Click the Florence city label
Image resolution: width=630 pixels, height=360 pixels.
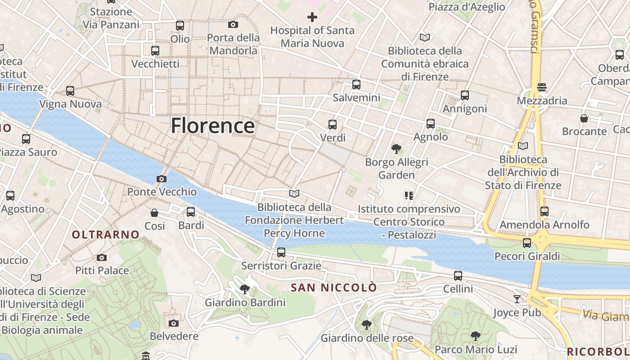tap(212, 126)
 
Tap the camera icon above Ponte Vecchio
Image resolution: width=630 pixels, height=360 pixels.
tap(162, 179)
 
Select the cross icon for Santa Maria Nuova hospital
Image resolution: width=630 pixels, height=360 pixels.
tap(312, 17)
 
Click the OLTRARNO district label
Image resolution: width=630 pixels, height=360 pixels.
tap(106, 234)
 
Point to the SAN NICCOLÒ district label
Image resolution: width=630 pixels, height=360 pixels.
tap(333, 287)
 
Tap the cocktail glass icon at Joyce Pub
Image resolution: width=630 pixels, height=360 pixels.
tap(517, 299)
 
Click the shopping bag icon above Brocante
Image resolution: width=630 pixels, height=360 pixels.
tap(584, 118)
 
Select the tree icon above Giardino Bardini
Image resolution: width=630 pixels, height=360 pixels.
tap(245, 289)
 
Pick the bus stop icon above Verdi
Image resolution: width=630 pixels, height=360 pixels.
tap(333, 125)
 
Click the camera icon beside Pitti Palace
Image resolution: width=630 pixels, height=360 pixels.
tap(102, 257)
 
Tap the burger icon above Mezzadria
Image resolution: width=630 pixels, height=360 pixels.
tap(541, 87)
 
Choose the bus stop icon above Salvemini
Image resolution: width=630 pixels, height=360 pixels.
tap(356, 84)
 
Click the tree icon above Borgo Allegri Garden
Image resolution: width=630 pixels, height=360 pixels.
tap(396, 149)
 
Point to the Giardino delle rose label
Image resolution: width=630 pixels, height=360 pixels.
tap(367, 338)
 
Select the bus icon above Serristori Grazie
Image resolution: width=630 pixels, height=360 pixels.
tap(281, 252)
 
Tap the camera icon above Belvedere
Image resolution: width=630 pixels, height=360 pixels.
tap(174, 323)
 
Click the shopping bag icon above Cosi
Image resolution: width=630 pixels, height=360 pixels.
tap(154, 212)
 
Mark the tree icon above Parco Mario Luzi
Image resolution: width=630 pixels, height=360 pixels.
tap(475, 336)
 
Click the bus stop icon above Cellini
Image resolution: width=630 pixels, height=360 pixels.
tap(458, 275)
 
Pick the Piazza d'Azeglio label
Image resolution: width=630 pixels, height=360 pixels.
tap(467, 7)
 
